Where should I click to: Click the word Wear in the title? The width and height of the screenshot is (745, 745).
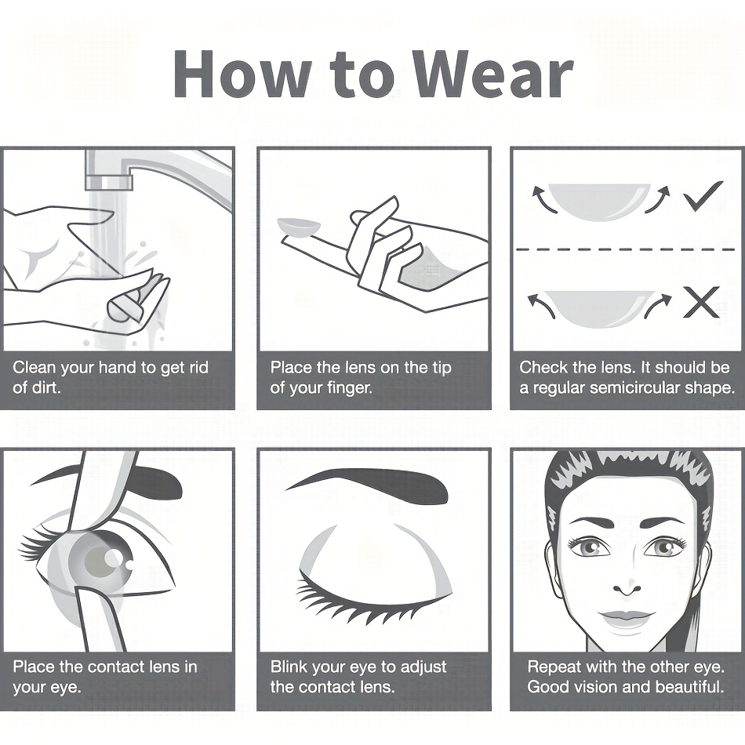[x=492, y=74]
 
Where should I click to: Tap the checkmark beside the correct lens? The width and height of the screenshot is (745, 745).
[x=703, y=195]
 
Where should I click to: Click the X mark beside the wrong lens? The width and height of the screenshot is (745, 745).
[x=701, y=302]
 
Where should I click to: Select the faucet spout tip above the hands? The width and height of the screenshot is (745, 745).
[x=109, y=181]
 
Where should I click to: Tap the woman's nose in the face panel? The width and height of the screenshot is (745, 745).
[x=627, y=587]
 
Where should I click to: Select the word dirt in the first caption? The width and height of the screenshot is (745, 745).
[x=47, y=387]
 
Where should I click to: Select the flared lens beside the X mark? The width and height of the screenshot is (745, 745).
[x=599, y=308]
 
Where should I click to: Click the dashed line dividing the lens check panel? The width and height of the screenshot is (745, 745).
[x=625, y=249]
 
